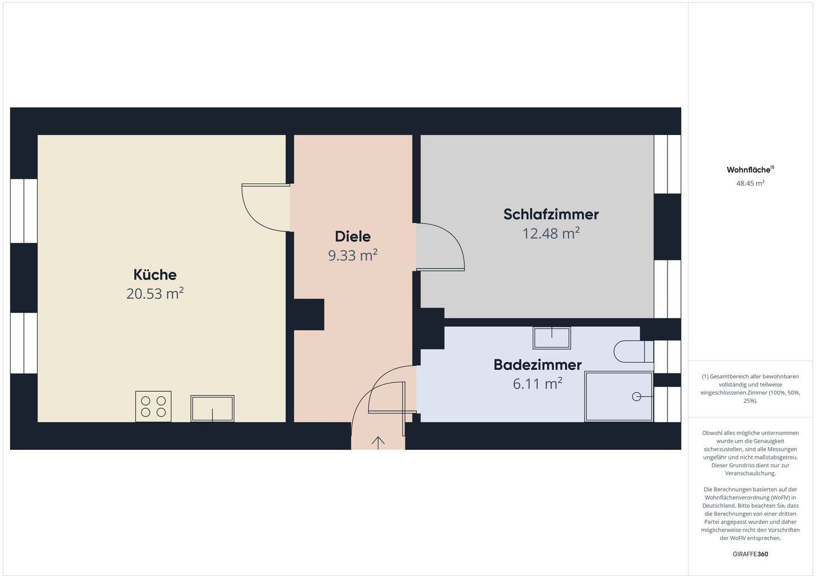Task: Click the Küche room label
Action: tap(155, 275)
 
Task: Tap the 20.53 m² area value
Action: tap(155, 294)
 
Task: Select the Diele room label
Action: tap(352, 237)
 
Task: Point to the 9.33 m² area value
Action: tap(352, 255)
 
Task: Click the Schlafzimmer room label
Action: tap(551, 214)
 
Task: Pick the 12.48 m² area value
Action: tap(551, 233)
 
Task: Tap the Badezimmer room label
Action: tap(537, 365)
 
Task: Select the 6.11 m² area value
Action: tap(537, 384)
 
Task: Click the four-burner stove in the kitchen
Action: tap(153, 406)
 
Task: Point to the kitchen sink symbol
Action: tap(212, 408)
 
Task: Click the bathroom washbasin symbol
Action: tap(551, 338)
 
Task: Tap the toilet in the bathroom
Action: tap(632, 352)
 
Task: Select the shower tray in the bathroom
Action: tap(618, 396)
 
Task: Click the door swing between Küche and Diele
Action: tap(263, 207)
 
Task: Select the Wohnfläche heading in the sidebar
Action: tap(749, 170)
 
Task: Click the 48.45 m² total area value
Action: tap(750, 183)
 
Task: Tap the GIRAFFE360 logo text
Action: tap(750, 554)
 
